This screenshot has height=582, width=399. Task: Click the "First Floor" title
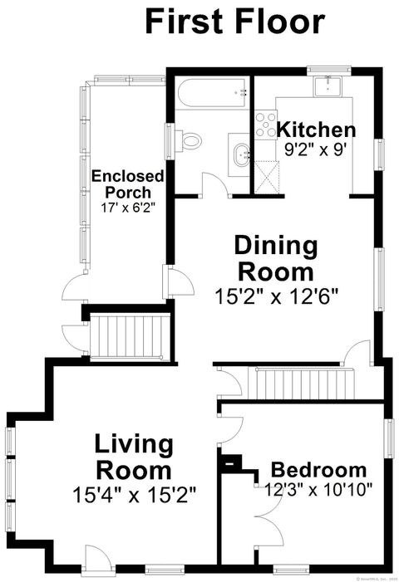234,22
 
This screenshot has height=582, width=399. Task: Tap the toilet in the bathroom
190,140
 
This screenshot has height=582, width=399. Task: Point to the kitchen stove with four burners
266,125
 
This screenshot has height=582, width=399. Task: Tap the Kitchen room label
316,130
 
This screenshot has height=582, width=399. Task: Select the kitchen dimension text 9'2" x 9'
313,151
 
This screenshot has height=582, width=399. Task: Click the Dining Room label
275,258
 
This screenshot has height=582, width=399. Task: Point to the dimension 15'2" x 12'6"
277,293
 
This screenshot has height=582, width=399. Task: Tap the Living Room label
133,457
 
